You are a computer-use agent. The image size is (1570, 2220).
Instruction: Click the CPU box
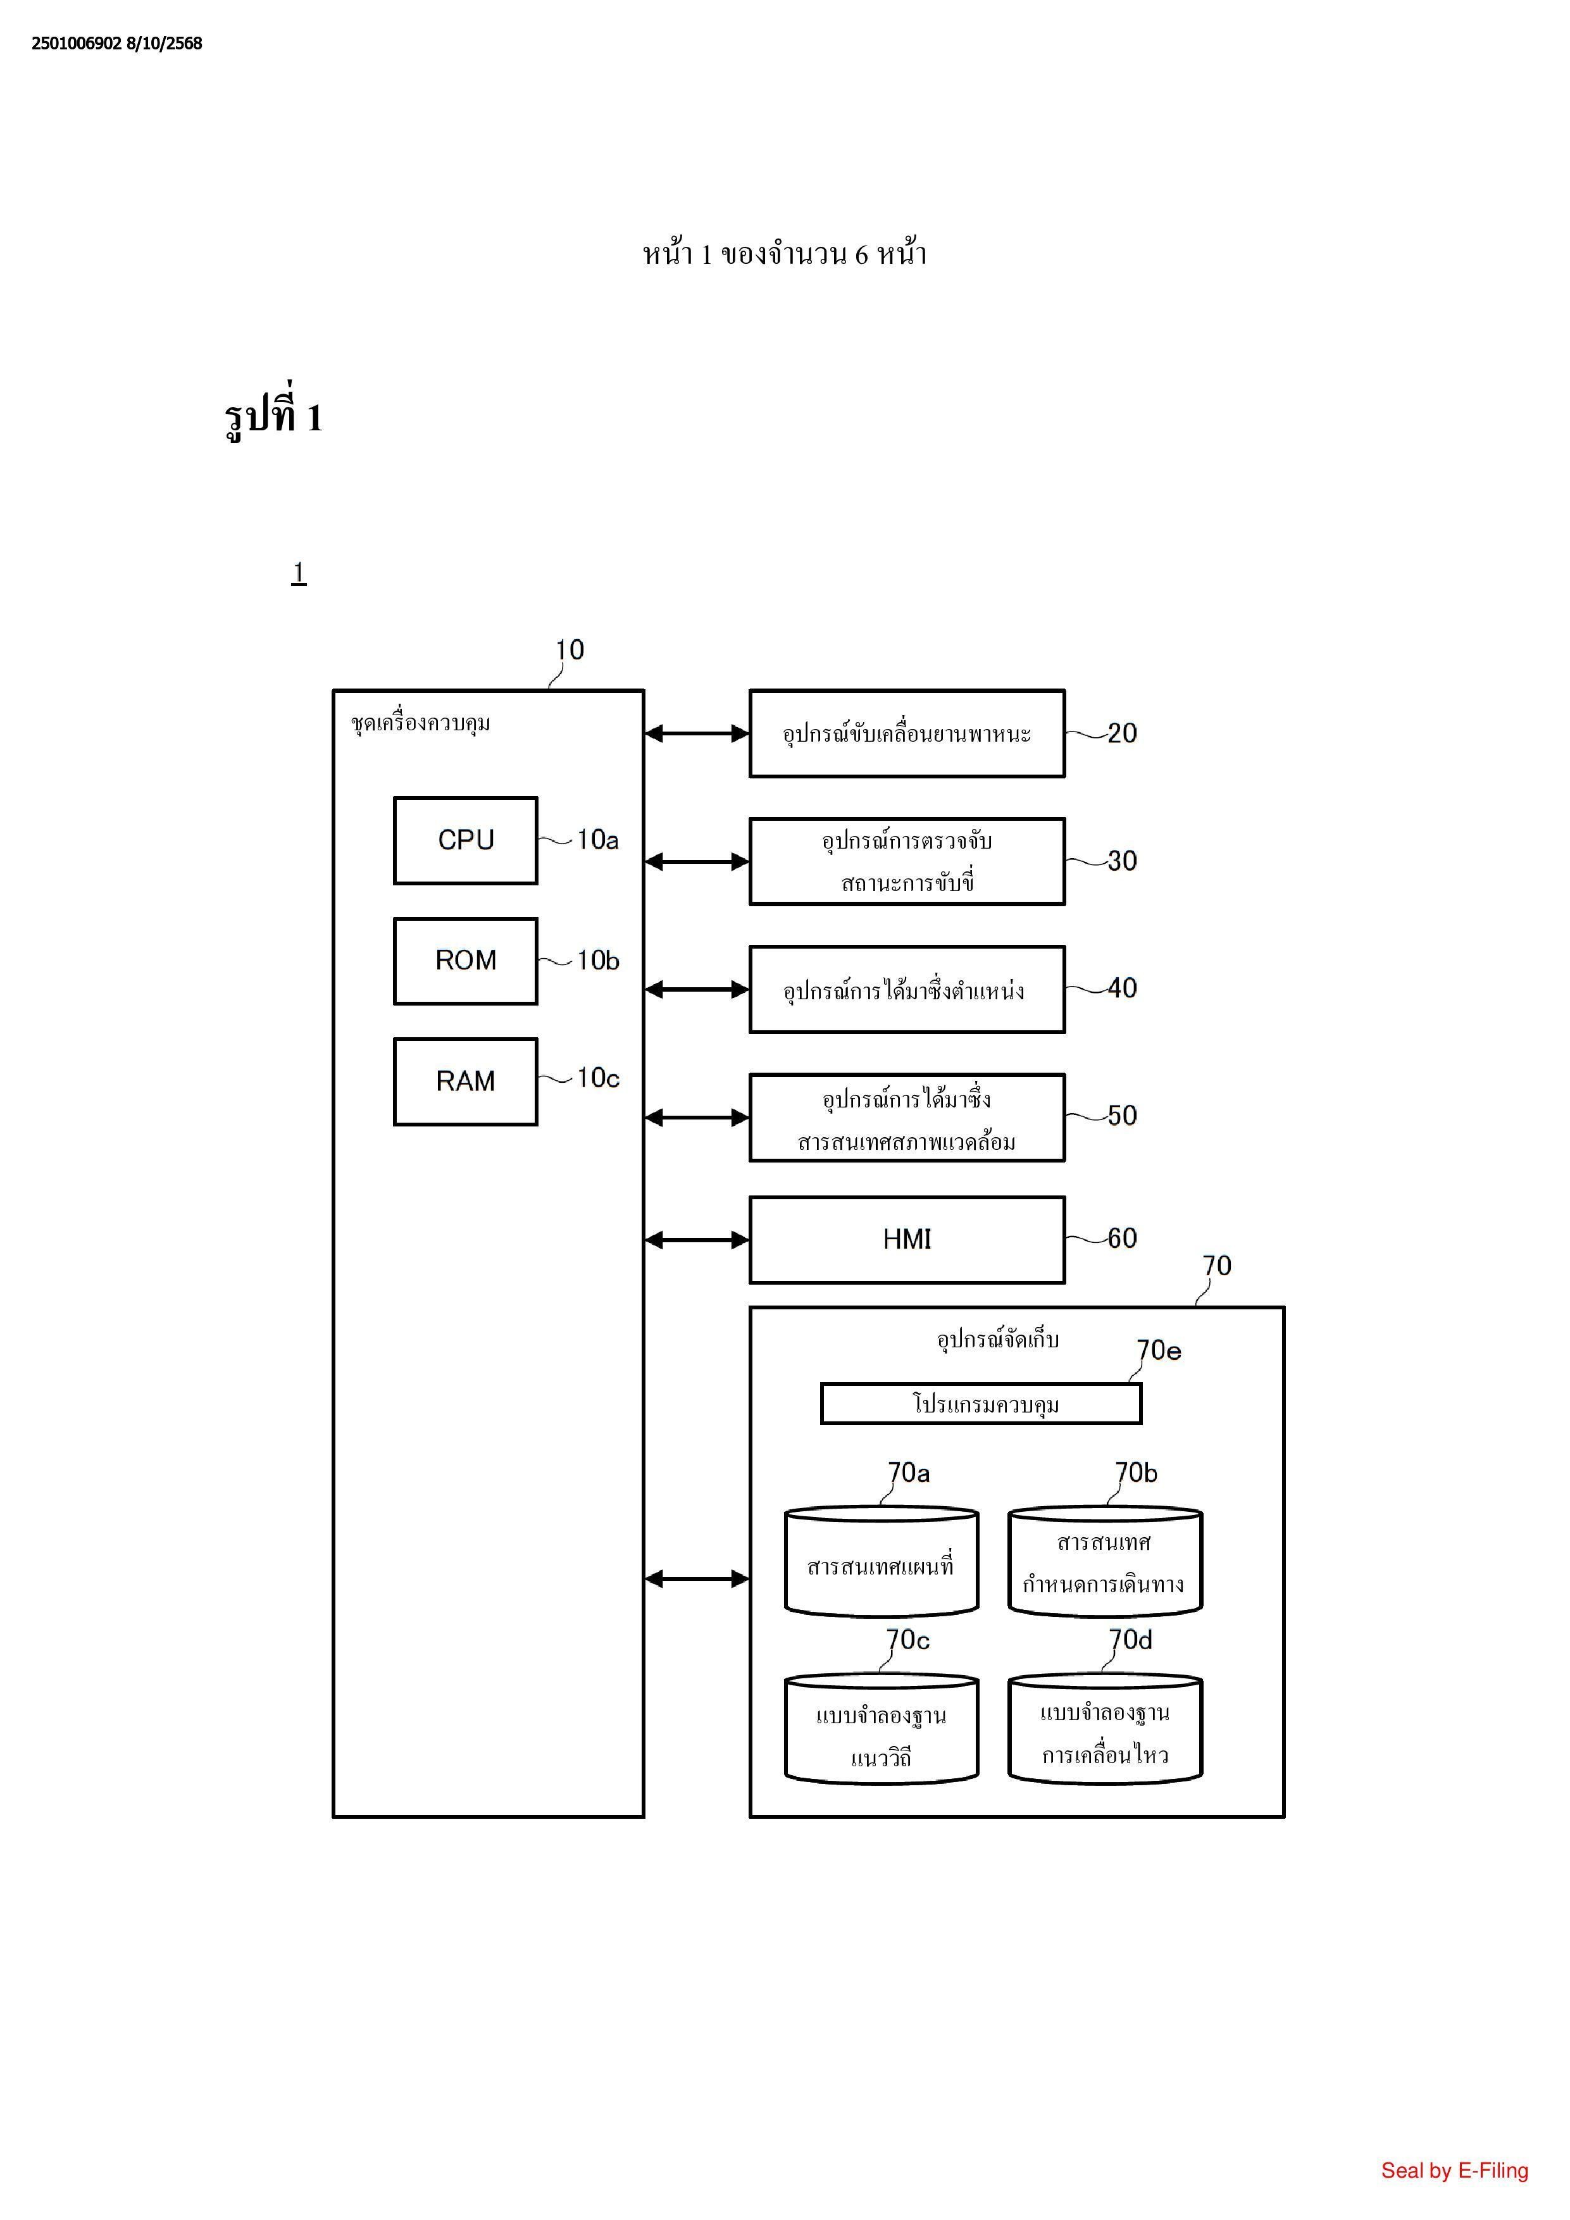[465, 840]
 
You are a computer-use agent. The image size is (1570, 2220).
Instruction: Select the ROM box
[465, 961]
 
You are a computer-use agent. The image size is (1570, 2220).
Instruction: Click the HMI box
[907, 1240]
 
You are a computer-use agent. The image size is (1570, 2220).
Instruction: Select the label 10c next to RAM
[597, 1078]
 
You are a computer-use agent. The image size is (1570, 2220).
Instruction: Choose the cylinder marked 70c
[881, 1731]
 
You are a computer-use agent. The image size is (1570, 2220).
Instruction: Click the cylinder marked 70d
[1104, 1731]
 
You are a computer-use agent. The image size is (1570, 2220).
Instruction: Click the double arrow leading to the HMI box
[696, 1240]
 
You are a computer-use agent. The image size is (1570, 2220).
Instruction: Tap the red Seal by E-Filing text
[1454, 2171]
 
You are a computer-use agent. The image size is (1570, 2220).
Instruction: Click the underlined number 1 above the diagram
[299, 573]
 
